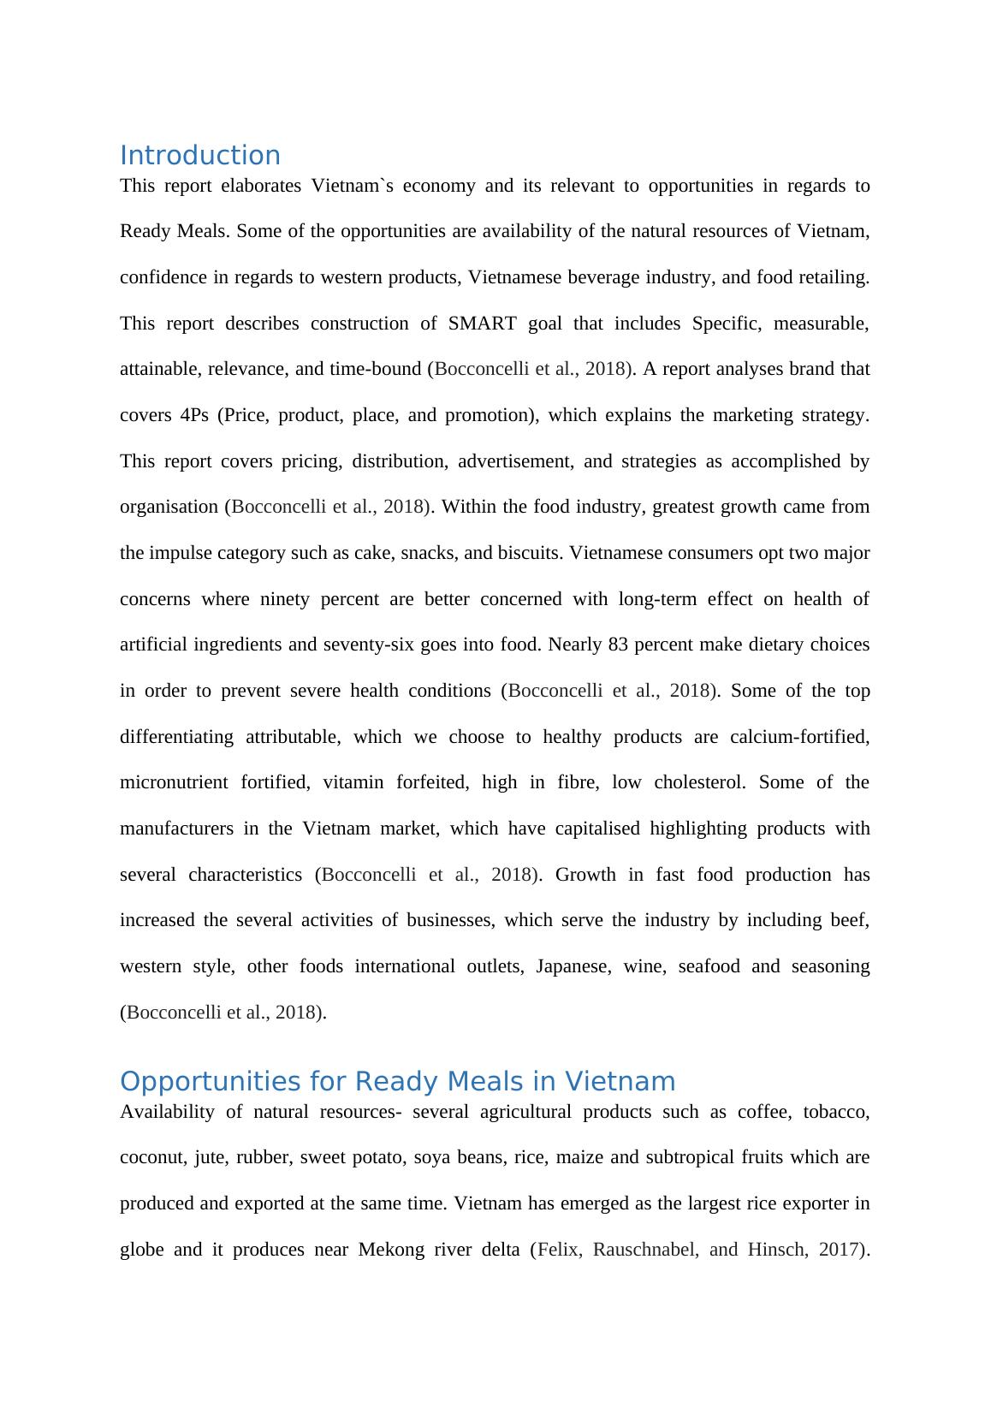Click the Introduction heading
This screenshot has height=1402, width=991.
(x=199, y=156)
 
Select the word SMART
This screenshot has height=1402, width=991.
(x=482, y=324)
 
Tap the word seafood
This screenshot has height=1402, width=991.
(x=709, y=966)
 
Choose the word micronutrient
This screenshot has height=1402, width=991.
(x=174, y=782)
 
